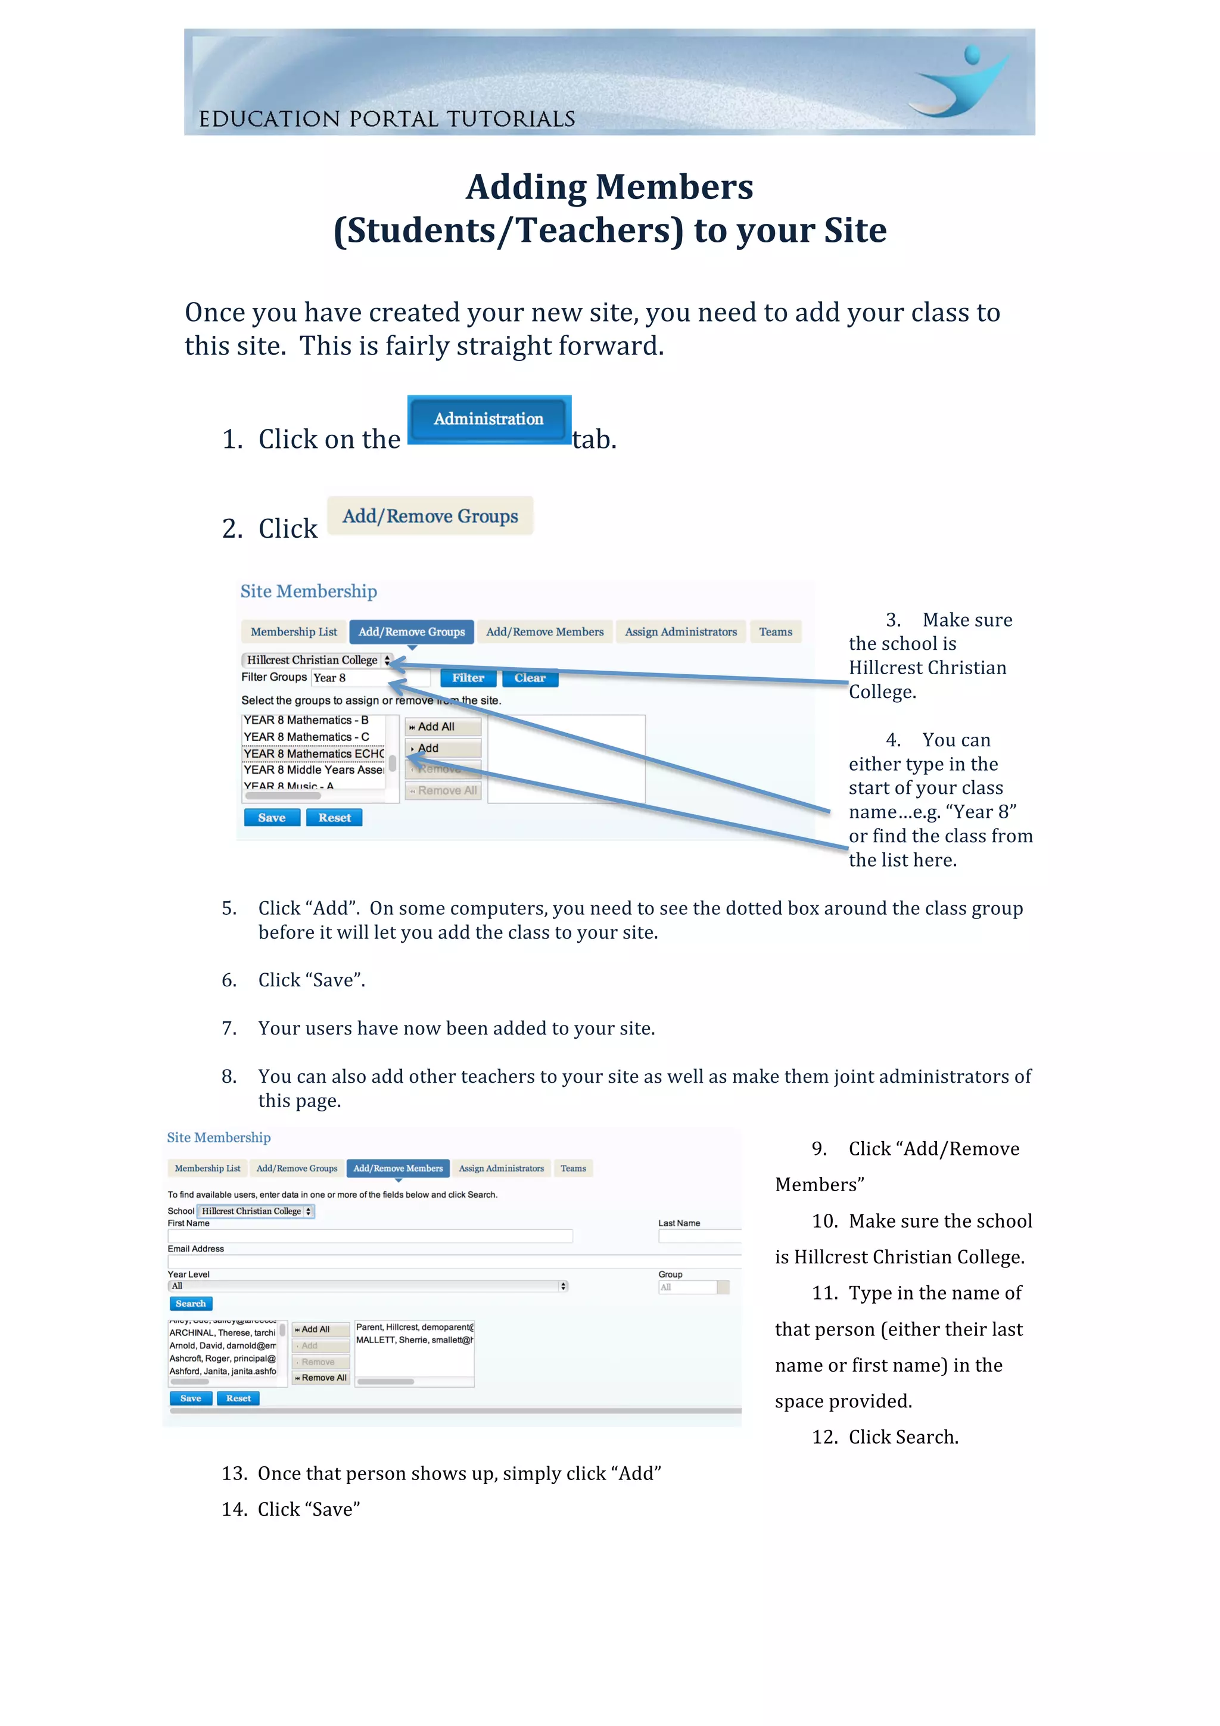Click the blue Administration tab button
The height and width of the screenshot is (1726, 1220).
[488, 419]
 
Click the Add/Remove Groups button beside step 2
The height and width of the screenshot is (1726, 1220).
[430, 516]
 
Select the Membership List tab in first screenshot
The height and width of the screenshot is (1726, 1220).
[293, 631]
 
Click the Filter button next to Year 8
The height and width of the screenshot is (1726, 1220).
[468, 677]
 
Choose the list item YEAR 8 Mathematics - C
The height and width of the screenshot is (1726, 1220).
[306, 737]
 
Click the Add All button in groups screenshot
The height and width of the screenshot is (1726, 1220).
[442, 726]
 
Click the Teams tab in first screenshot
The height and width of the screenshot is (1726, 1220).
[775, 631]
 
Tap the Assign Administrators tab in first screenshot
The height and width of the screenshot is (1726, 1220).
[680, 631]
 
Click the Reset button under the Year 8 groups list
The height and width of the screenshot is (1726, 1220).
[334, 817]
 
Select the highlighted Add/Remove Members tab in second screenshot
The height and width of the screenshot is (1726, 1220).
[398, 1168]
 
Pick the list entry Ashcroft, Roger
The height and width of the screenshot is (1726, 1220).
[222, 1359]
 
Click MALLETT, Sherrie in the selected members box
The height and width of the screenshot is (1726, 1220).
[413, 1339]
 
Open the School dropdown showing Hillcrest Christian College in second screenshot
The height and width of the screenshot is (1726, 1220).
[256, 1211]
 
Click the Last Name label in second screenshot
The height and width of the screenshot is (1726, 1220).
[679, 1223]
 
